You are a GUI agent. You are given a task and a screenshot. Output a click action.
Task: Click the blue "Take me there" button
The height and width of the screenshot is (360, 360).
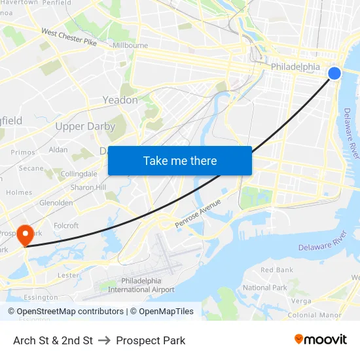(x=180, y=160)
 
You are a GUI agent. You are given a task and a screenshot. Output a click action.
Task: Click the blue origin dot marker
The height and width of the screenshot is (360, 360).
(x=334, y=73)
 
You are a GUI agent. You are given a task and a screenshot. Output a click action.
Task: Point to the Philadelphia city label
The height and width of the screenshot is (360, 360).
(x=295, y=67)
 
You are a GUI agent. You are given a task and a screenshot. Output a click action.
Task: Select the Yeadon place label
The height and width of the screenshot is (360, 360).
(x=120, y=100)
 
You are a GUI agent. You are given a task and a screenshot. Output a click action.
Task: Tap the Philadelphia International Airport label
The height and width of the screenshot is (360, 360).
(x=141, y=285)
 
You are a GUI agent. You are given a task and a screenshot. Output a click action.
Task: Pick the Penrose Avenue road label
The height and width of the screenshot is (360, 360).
(x=198, y=214)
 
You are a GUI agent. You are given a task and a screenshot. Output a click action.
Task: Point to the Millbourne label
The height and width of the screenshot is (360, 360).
(x=130, y=46)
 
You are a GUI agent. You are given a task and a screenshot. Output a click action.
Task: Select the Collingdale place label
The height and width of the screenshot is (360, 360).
(x=79, y=173)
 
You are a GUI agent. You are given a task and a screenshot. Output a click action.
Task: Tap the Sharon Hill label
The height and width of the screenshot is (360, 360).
(x=88, y=187)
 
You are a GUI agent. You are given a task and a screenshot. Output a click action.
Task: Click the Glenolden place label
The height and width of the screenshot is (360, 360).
(x=56, y=203)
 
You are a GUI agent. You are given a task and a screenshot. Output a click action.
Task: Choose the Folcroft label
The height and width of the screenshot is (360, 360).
(x=66, y=226)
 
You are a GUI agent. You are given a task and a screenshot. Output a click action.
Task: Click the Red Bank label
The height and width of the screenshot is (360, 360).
(x=277, y=270)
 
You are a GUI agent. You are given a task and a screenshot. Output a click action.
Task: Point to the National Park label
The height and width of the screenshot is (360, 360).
(x=265, y=287)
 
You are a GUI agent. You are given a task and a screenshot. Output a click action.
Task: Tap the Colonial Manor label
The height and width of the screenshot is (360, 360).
(x=315, y=315)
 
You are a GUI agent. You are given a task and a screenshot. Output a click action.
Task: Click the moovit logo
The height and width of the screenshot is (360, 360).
(x=321, y=340)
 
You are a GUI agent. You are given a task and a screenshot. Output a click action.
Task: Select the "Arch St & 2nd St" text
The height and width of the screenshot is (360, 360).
(x=53, y=340)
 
